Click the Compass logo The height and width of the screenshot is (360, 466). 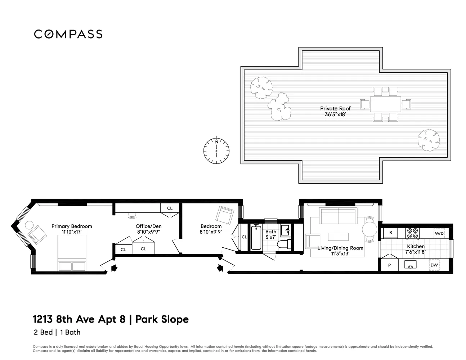(68, 34)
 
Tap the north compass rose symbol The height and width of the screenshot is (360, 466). (216, 150)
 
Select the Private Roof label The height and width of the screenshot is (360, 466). (335, 108)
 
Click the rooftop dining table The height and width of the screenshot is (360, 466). (385, 104)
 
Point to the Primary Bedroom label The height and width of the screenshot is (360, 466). (72, 226)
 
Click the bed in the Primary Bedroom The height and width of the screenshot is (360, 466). (72, 253)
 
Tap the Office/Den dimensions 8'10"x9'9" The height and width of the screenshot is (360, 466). (149, 232)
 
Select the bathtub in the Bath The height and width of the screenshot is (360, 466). (256, 237)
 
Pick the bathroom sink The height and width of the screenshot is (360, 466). (286, 230)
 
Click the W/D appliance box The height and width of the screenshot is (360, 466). (439, 233)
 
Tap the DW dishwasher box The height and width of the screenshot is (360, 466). (434, 265)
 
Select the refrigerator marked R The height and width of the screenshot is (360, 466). (390, 233)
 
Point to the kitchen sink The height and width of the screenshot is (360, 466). (410, 265)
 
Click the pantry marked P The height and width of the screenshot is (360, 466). (389, 265)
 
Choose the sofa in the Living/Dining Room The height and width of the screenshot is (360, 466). (338, 216)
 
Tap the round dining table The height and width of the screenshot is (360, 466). (369, 229)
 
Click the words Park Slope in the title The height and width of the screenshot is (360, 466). (162, 320)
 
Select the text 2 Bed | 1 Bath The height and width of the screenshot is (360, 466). (57, 332)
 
